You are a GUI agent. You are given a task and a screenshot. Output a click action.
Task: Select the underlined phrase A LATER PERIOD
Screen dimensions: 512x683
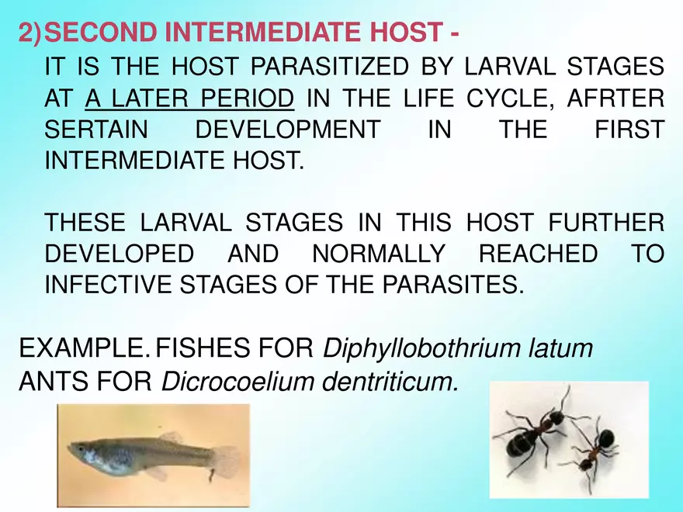point(190,99)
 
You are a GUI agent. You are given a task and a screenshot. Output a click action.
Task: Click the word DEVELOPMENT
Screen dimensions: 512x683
point(288,130)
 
